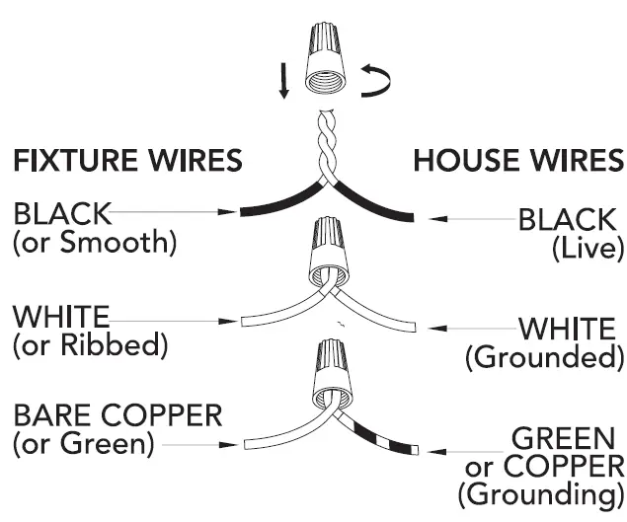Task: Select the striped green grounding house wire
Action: (380, 434)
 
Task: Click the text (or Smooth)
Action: (94, 243)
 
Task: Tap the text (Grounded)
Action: (545, 356)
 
